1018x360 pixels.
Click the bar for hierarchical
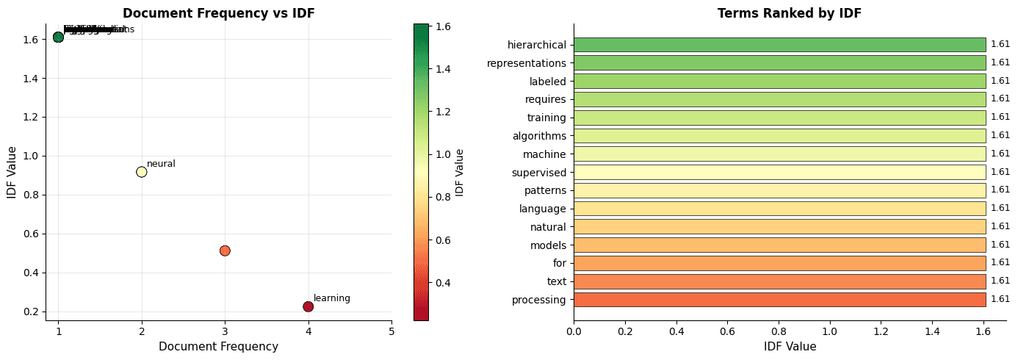click(x=779, y=45)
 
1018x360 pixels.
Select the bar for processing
click(x=779, y=300)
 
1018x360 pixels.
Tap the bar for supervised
click(x=779, y=173)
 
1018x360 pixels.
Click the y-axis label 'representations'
click(x=527, y=63)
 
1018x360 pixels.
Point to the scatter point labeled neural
click(x=142, y=172)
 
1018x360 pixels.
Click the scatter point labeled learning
click(x=308, y=306)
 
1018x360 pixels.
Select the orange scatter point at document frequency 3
click(x=225, y=251)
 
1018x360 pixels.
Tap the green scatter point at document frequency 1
click(x=58, y=37)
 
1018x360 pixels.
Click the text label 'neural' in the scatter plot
click(x=161, y=164)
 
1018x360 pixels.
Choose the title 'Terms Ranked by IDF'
click(x=789, y=13)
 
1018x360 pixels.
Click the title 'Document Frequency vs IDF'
click(x=218, y=13)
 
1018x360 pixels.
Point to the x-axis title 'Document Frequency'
click(x=218, y=346)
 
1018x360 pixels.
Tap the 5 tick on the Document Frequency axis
click(x=391, y=331)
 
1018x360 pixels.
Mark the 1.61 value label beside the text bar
click(x=1000, y=281)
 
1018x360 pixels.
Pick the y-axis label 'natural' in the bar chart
click(x=548, y=227)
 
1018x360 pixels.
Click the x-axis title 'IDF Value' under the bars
click(x=789, y=346)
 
